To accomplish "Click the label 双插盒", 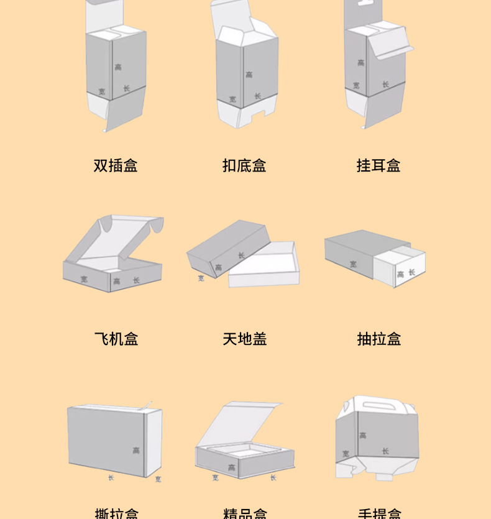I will pyautogui.click(x=116, y=165).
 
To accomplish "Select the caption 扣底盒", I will pyautogui.click(x=244, y=165).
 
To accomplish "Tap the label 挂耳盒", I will pyautogui.click(x=379, y=165).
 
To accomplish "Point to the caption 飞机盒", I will pyautogui.click(x=116, y=339).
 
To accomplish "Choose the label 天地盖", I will pyautogui.click(x=244, y=339).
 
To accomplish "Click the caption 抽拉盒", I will pyautogui.click(x=379, y=339).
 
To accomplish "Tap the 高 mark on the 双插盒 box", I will pyautogui.click(x=118, y=67).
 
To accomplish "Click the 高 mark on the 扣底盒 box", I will pyautogui.click(x=249, y=75).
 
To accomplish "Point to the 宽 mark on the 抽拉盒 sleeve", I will pyautogui.click(x=353, y=264).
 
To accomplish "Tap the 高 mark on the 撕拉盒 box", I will pyautogui.click(x=135, y=450).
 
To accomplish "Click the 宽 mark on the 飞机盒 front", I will pyautogui.click(x=84, y=279).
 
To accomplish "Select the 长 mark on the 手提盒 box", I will pyautogui.click(x=385, y=451).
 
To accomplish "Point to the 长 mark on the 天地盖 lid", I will pyautogui.click(x=241, y=255).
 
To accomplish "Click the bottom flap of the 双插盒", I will pyautogui.click(x=124, y=112).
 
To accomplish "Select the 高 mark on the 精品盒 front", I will pyautogui.click(x=231, y=467).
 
